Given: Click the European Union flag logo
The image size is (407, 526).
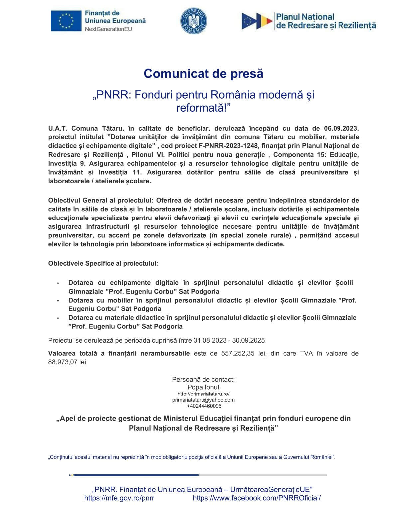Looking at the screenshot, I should [x=66, y=21].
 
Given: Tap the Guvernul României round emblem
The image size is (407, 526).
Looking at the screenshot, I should [x=194, y=21].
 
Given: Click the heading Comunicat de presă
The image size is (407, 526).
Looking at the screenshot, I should [x=203, y=73].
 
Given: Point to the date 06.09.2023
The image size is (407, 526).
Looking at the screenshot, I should [x=341, y=128].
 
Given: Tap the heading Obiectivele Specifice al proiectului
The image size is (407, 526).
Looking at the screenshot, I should [x=103, y=263].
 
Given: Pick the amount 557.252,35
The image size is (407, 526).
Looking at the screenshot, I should [x=238, y=353].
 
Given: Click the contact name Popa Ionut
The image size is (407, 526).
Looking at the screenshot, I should [x=203, y=387].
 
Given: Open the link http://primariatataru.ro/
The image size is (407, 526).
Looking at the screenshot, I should [x=203, y=394].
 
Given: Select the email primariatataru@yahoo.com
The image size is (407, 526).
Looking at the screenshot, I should [x=203, y=400].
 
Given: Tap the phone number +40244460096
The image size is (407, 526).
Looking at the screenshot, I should [x=203, y=406].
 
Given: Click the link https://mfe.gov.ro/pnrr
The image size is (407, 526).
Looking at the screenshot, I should [x=119, y=498].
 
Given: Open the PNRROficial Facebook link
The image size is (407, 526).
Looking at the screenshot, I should [x=256, y=498].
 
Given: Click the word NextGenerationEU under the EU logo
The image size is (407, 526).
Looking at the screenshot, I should [x=108, y=29].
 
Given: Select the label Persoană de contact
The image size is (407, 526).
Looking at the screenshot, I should [x=203, y=379].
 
